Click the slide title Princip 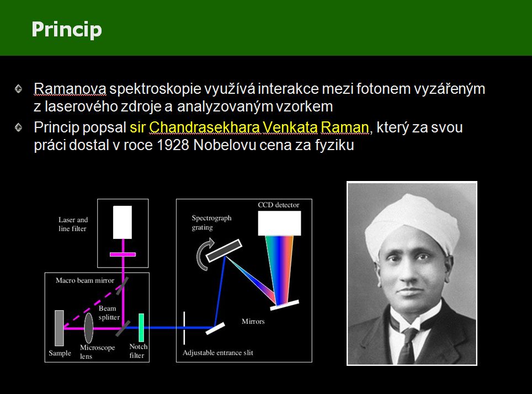[x=67, y=30]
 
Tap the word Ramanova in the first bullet [x=70, y=89]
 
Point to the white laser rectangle [x=122, y=222]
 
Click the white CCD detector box [x=279, y=223]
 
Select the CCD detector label [x=279, y=205]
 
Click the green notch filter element [x=141, y=327]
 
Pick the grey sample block [x=60, y=328]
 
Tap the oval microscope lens [x=88, y=328]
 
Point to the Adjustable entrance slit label [x=218, y=353]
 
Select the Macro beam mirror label [x=85, y=280]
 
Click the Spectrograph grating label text [x=211, y=222]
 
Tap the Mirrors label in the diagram [x=253, y=321]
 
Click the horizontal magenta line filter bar [x=123, y=254]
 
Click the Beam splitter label [x=109, y=312]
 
